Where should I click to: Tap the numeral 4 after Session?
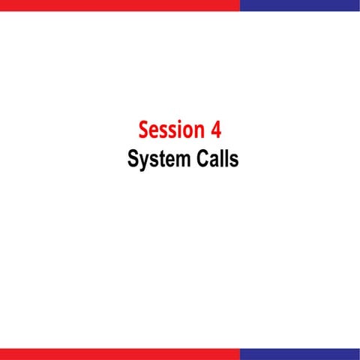pyautogui.click(x=216, y=130)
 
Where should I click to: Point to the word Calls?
pyautogui.click(x=214, y=160)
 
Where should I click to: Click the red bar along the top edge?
pyautogui.click(x=120, y=4)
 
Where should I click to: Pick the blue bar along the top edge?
pyautogui.click(x=300, y=4)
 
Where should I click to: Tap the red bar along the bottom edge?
pyautogui.click(x=120, y=354)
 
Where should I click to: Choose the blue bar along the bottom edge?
pyautogui.click(x=300, y=354)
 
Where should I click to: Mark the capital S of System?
pyautogui.click(x=133, y=160)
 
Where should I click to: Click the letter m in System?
pyautogui.click(x=178, y=162)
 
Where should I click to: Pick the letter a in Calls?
pyautogui.click(x=211, y=162)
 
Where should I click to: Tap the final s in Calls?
pyautogui.click(x=233, y=162)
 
